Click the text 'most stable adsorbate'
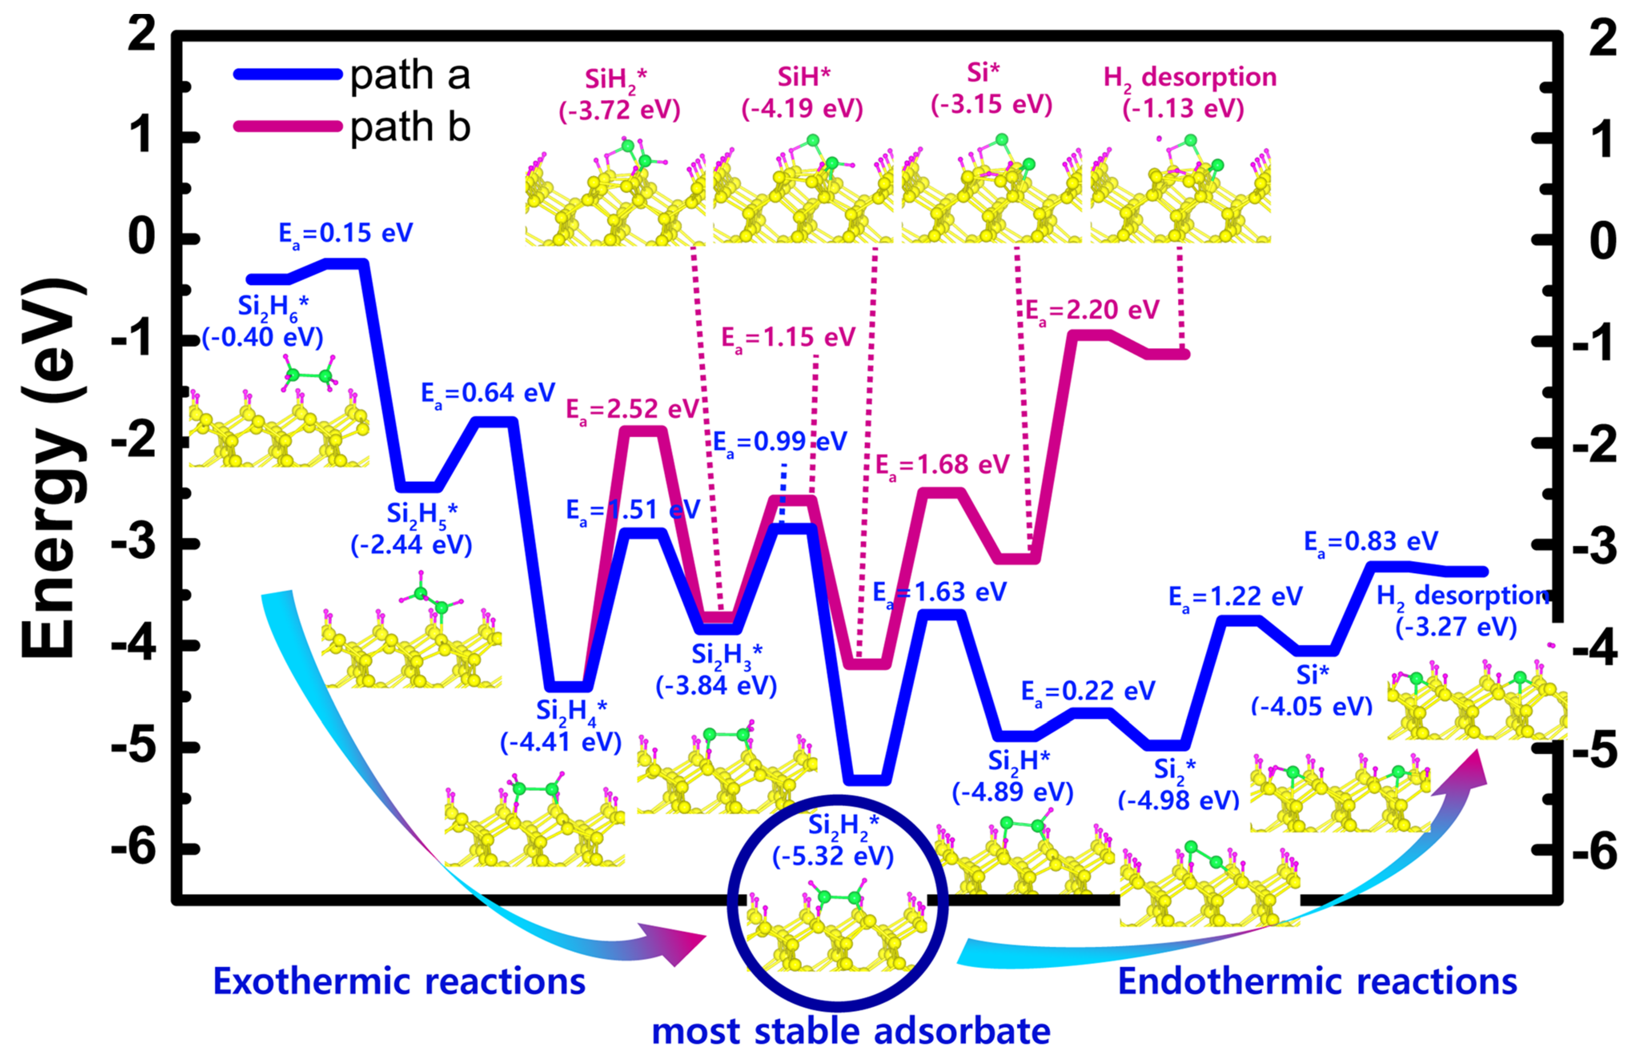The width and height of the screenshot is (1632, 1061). (851, 1031)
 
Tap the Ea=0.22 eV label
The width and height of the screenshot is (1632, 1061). (1088, 691)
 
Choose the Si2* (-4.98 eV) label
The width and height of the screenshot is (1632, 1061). (1178, 785)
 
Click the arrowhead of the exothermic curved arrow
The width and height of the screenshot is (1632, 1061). (676, 943)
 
